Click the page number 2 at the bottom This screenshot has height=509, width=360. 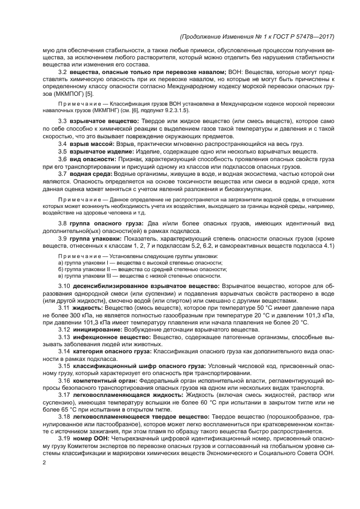45,463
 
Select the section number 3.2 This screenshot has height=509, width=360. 63,72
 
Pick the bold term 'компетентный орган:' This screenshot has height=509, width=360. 100,381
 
